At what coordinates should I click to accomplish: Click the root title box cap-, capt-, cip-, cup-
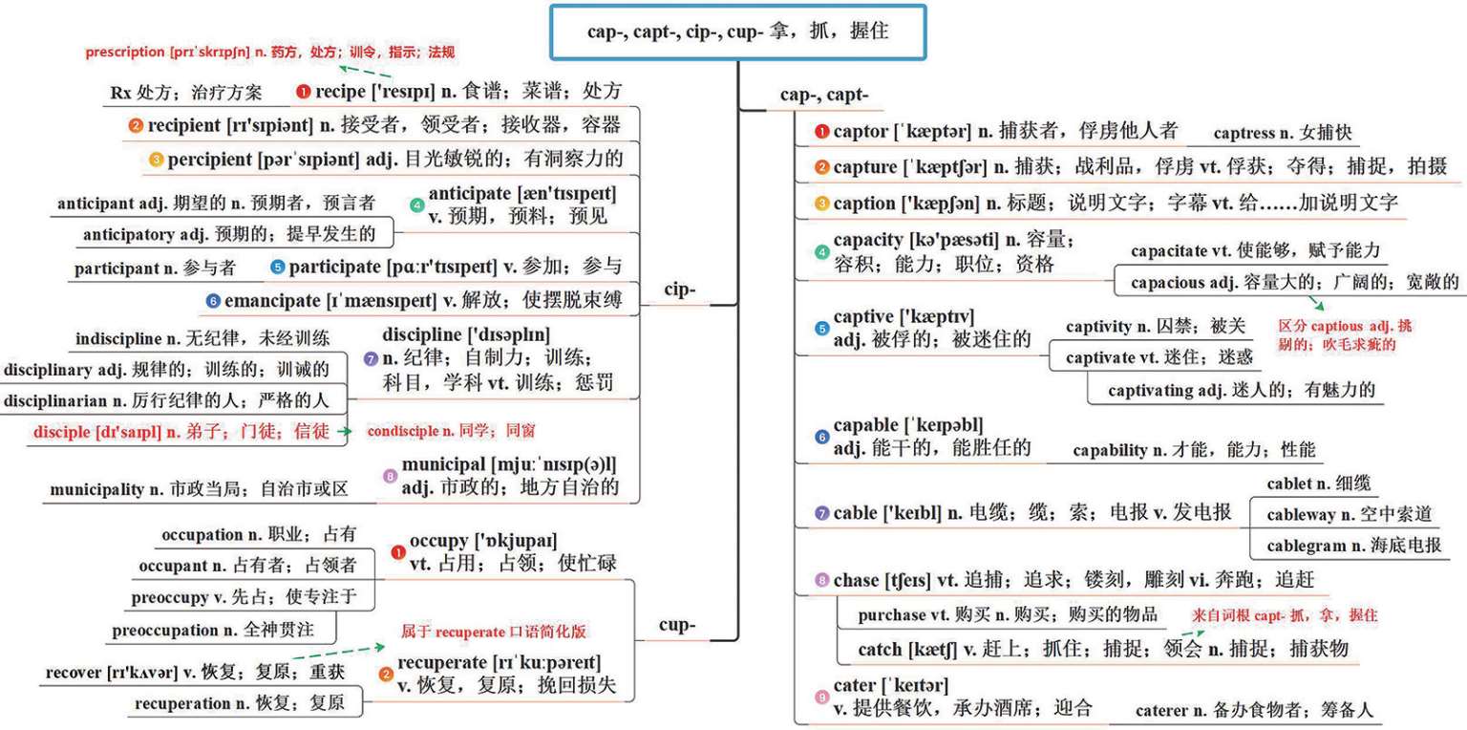click(x=737, y=32)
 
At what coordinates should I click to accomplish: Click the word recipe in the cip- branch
click(x=339, y=92)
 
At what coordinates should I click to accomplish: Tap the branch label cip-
click(x=679, y=290)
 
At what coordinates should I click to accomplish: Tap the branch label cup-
click(x=677, y=626)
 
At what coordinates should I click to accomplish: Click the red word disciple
click(x=62, y=432)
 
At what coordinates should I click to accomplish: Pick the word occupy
click(x=439, y=541)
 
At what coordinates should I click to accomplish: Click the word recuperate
click(x=442, y=663)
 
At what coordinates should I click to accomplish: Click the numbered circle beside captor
click(x=821, y=132)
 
